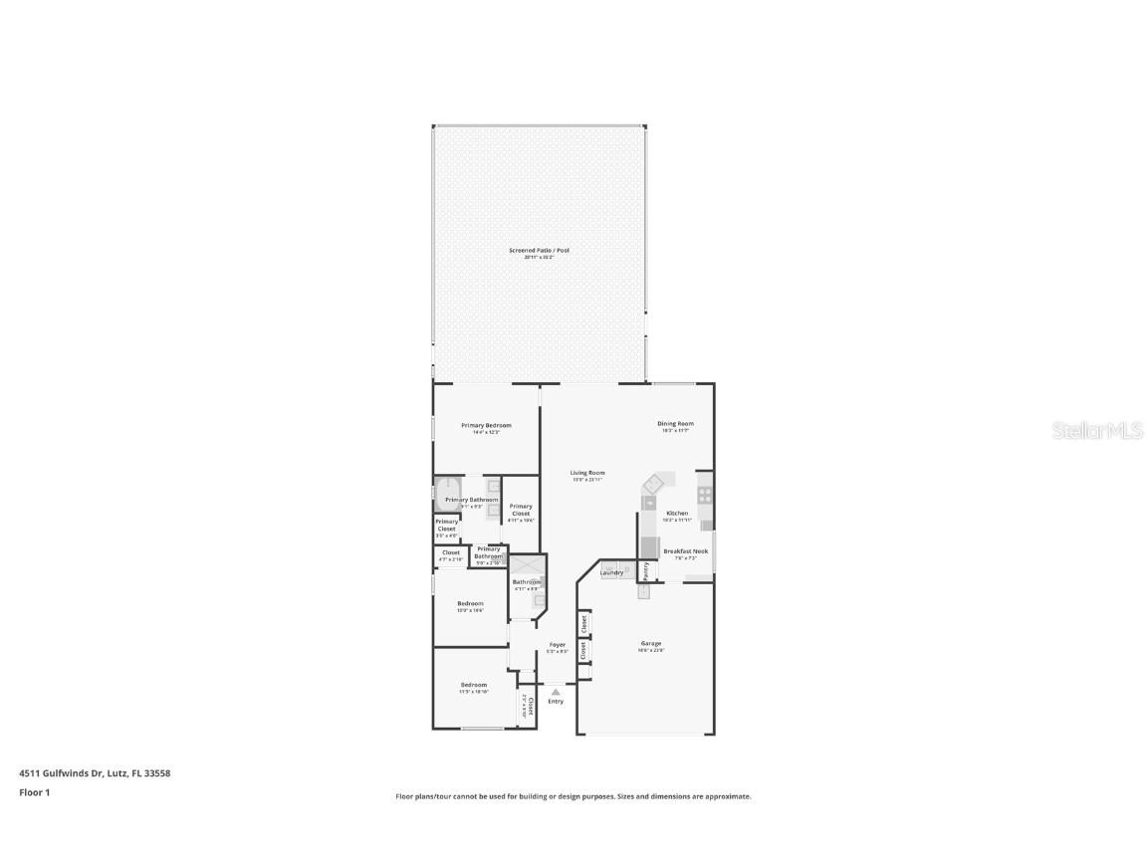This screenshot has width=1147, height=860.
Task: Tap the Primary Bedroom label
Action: (x=486, y=425)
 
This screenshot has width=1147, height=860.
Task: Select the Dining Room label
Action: (x=675, y=424)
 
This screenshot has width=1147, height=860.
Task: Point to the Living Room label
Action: (x=587, y=473)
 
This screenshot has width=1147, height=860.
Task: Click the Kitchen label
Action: (x=677, y=514)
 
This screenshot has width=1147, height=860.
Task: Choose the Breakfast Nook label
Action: (x=685, y=550)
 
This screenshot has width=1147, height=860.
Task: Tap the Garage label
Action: (x=651, y=644)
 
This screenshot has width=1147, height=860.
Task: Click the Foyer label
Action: (x=558, y=645)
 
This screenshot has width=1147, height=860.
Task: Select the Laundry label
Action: (x=611, y=572)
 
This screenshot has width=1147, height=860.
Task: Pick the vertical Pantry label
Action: (x=645, y=570)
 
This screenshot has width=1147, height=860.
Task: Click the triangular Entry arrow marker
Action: (x=556, y=691)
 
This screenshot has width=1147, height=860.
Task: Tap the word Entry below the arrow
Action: (x=556, y=702)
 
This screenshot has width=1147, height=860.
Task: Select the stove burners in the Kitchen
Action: (x=705, y=493)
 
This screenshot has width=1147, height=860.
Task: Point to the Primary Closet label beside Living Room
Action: (x=521, y=510)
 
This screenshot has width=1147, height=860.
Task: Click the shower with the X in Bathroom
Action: (x=528, y=564)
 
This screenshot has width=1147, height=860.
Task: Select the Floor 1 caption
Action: (x=34, y=792)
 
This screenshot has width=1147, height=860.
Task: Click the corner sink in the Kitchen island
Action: (x=653, y=484)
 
